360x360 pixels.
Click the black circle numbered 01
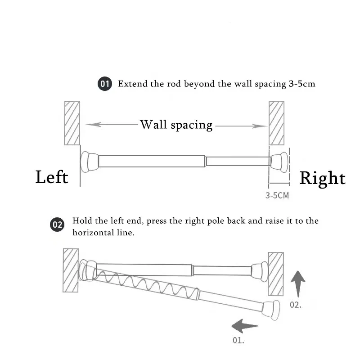coord(105,84)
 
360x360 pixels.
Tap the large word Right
coord(322,178)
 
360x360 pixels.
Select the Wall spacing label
coord(176,125)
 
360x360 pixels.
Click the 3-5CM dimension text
coord(277,195)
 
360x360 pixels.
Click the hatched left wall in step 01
coord(72,123)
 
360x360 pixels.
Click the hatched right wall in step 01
coord(276,123)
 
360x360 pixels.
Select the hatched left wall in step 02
coord(71,270)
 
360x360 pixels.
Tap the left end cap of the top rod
coord(89,161)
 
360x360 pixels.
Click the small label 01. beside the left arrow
coord(238,340)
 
